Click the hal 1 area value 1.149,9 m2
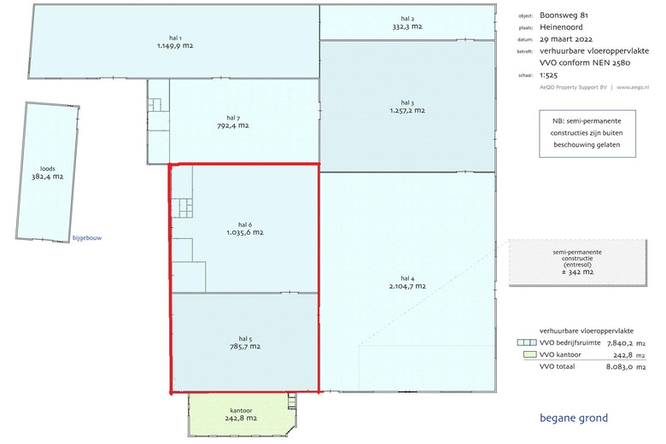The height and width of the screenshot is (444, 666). click(175, 45)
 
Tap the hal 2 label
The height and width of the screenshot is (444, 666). click(407, 19)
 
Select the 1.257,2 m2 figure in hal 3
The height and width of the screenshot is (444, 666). click(407, 110)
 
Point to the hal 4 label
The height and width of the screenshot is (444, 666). click(407, 278)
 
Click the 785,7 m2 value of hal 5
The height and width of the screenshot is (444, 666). click(245, 347)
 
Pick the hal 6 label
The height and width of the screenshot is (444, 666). click(245, 225)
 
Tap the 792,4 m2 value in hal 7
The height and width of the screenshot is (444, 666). click(233, 126)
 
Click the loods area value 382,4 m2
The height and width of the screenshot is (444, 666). click(48, 177)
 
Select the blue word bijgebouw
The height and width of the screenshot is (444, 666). click(87, 238)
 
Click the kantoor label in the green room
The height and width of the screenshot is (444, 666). click(242, 411)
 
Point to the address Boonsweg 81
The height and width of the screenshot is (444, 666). click(564, 15)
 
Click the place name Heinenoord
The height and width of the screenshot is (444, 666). click(561, 27)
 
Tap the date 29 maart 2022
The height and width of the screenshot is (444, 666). click(566, 39)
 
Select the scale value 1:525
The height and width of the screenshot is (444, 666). click(548, 75)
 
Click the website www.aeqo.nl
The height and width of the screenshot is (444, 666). click(633, 88)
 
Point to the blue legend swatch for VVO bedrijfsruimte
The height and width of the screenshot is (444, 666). click(527, 342)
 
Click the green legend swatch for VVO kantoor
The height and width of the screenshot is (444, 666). click(530, 354)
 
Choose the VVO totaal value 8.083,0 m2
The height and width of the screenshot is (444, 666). click(626, 366)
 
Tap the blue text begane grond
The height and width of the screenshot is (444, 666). click(574, 418)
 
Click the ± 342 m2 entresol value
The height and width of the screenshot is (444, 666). click(577, 272)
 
